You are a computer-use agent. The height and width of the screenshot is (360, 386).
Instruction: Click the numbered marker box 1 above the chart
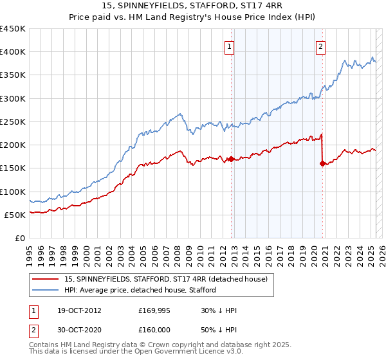230,45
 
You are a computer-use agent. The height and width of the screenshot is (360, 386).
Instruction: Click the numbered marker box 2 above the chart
320,45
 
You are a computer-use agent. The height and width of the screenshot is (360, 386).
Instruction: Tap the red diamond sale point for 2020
322,163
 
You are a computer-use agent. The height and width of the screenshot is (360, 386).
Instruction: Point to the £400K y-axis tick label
13,52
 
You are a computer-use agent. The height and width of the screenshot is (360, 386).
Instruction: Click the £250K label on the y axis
13,122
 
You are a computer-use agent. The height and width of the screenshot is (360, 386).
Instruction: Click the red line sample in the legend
45,278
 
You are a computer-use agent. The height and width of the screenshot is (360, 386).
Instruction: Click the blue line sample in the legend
45,290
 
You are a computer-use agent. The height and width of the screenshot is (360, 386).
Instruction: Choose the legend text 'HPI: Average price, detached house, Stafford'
140,290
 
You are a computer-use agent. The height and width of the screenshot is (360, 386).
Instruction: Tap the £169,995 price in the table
153,310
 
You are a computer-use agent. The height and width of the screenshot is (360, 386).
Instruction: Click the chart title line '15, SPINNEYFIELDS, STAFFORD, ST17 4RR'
192,6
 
